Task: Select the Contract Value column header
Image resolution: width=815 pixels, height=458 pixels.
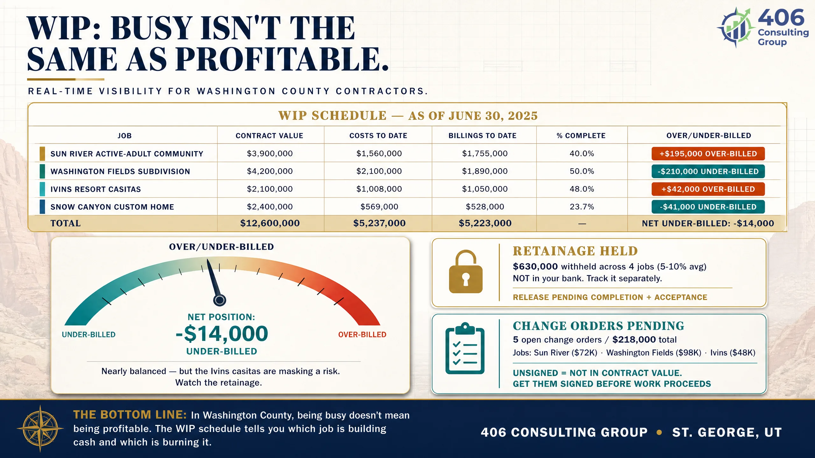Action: (269, 136)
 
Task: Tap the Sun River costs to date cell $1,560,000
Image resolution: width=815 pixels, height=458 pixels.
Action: (379, 154)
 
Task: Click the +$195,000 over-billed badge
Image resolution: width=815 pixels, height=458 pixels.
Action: (708, 154)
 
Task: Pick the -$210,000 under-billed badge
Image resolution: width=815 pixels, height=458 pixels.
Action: (708, 171)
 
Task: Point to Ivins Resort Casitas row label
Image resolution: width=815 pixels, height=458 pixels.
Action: (96, 189)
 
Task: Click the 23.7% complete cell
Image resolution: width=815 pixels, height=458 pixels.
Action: (582, 207)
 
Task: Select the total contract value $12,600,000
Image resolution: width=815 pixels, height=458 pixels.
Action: (270, 223)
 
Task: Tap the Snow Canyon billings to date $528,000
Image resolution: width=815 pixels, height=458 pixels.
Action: (485, 207)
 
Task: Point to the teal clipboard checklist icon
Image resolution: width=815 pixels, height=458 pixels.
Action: (465, 348)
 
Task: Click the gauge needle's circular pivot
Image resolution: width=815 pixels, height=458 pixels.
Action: (219, 300)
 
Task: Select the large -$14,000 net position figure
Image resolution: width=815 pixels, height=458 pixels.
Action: (222, 333)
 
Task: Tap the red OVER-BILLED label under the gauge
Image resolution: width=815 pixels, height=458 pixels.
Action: (362, 335)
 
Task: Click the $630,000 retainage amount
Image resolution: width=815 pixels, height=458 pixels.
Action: (535, 267)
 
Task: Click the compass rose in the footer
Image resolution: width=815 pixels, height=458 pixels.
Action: (40, 428)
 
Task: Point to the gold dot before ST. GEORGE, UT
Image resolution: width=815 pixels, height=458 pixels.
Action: (659, 432)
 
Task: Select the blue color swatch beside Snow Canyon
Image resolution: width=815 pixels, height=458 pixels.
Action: (42, 207)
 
